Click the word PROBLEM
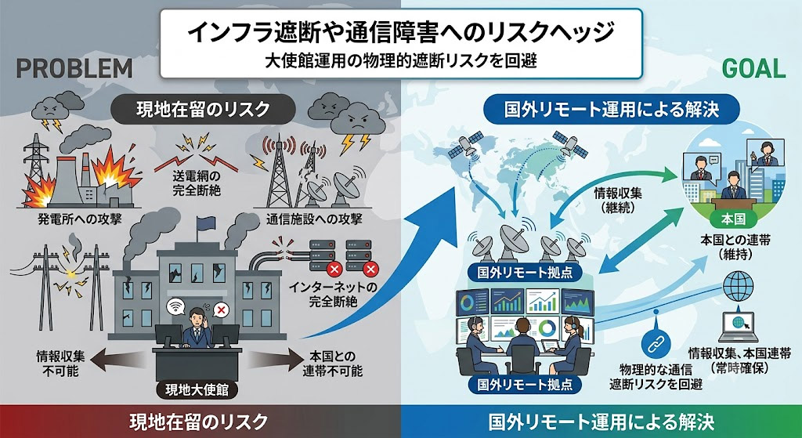(74, 68)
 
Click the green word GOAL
(753, 68)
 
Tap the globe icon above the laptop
(738, 285)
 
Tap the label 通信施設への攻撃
(313, 219)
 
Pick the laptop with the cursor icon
(738, 327)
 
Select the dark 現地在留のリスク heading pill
(202, 110)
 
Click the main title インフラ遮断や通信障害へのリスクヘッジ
(400, 34)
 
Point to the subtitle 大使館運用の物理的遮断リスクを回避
(400, 61)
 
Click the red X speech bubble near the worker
(221, 309)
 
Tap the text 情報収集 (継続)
(618, 201)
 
